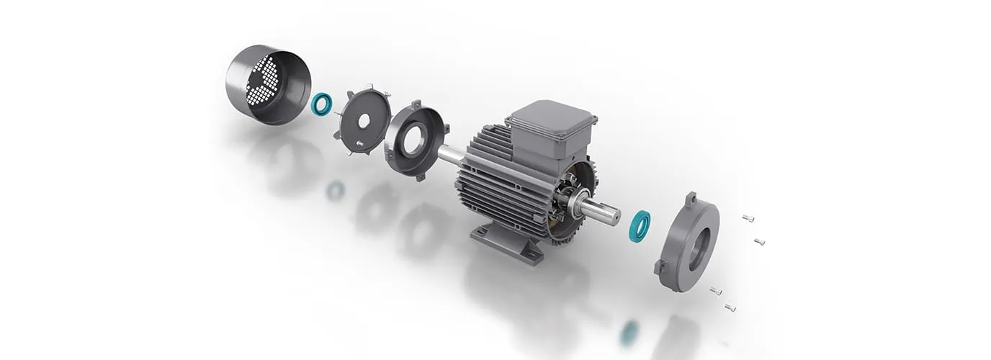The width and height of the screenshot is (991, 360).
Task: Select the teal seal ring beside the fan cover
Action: click(321, 104)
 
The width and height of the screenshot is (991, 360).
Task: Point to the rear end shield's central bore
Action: click(413, 141)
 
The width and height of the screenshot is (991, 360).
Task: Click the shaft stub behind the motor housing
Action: click(451, 154)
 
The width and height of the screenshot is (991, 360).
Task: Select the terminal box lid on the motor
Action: click(552, 117)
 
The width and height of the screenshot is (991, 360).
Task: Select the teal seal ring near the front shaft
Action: click(639, 226)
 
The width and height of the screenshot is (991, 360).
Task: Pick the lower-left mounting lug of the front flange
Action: click(660, 268)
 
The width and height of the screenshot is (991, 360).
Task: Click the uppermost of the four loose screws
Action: click(748, 218)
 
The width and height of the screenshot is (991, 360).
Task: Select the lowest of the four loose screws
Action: click(730, 307)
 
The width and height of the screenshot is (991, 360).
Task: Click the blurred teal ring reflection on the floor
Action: click(629, 332)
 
